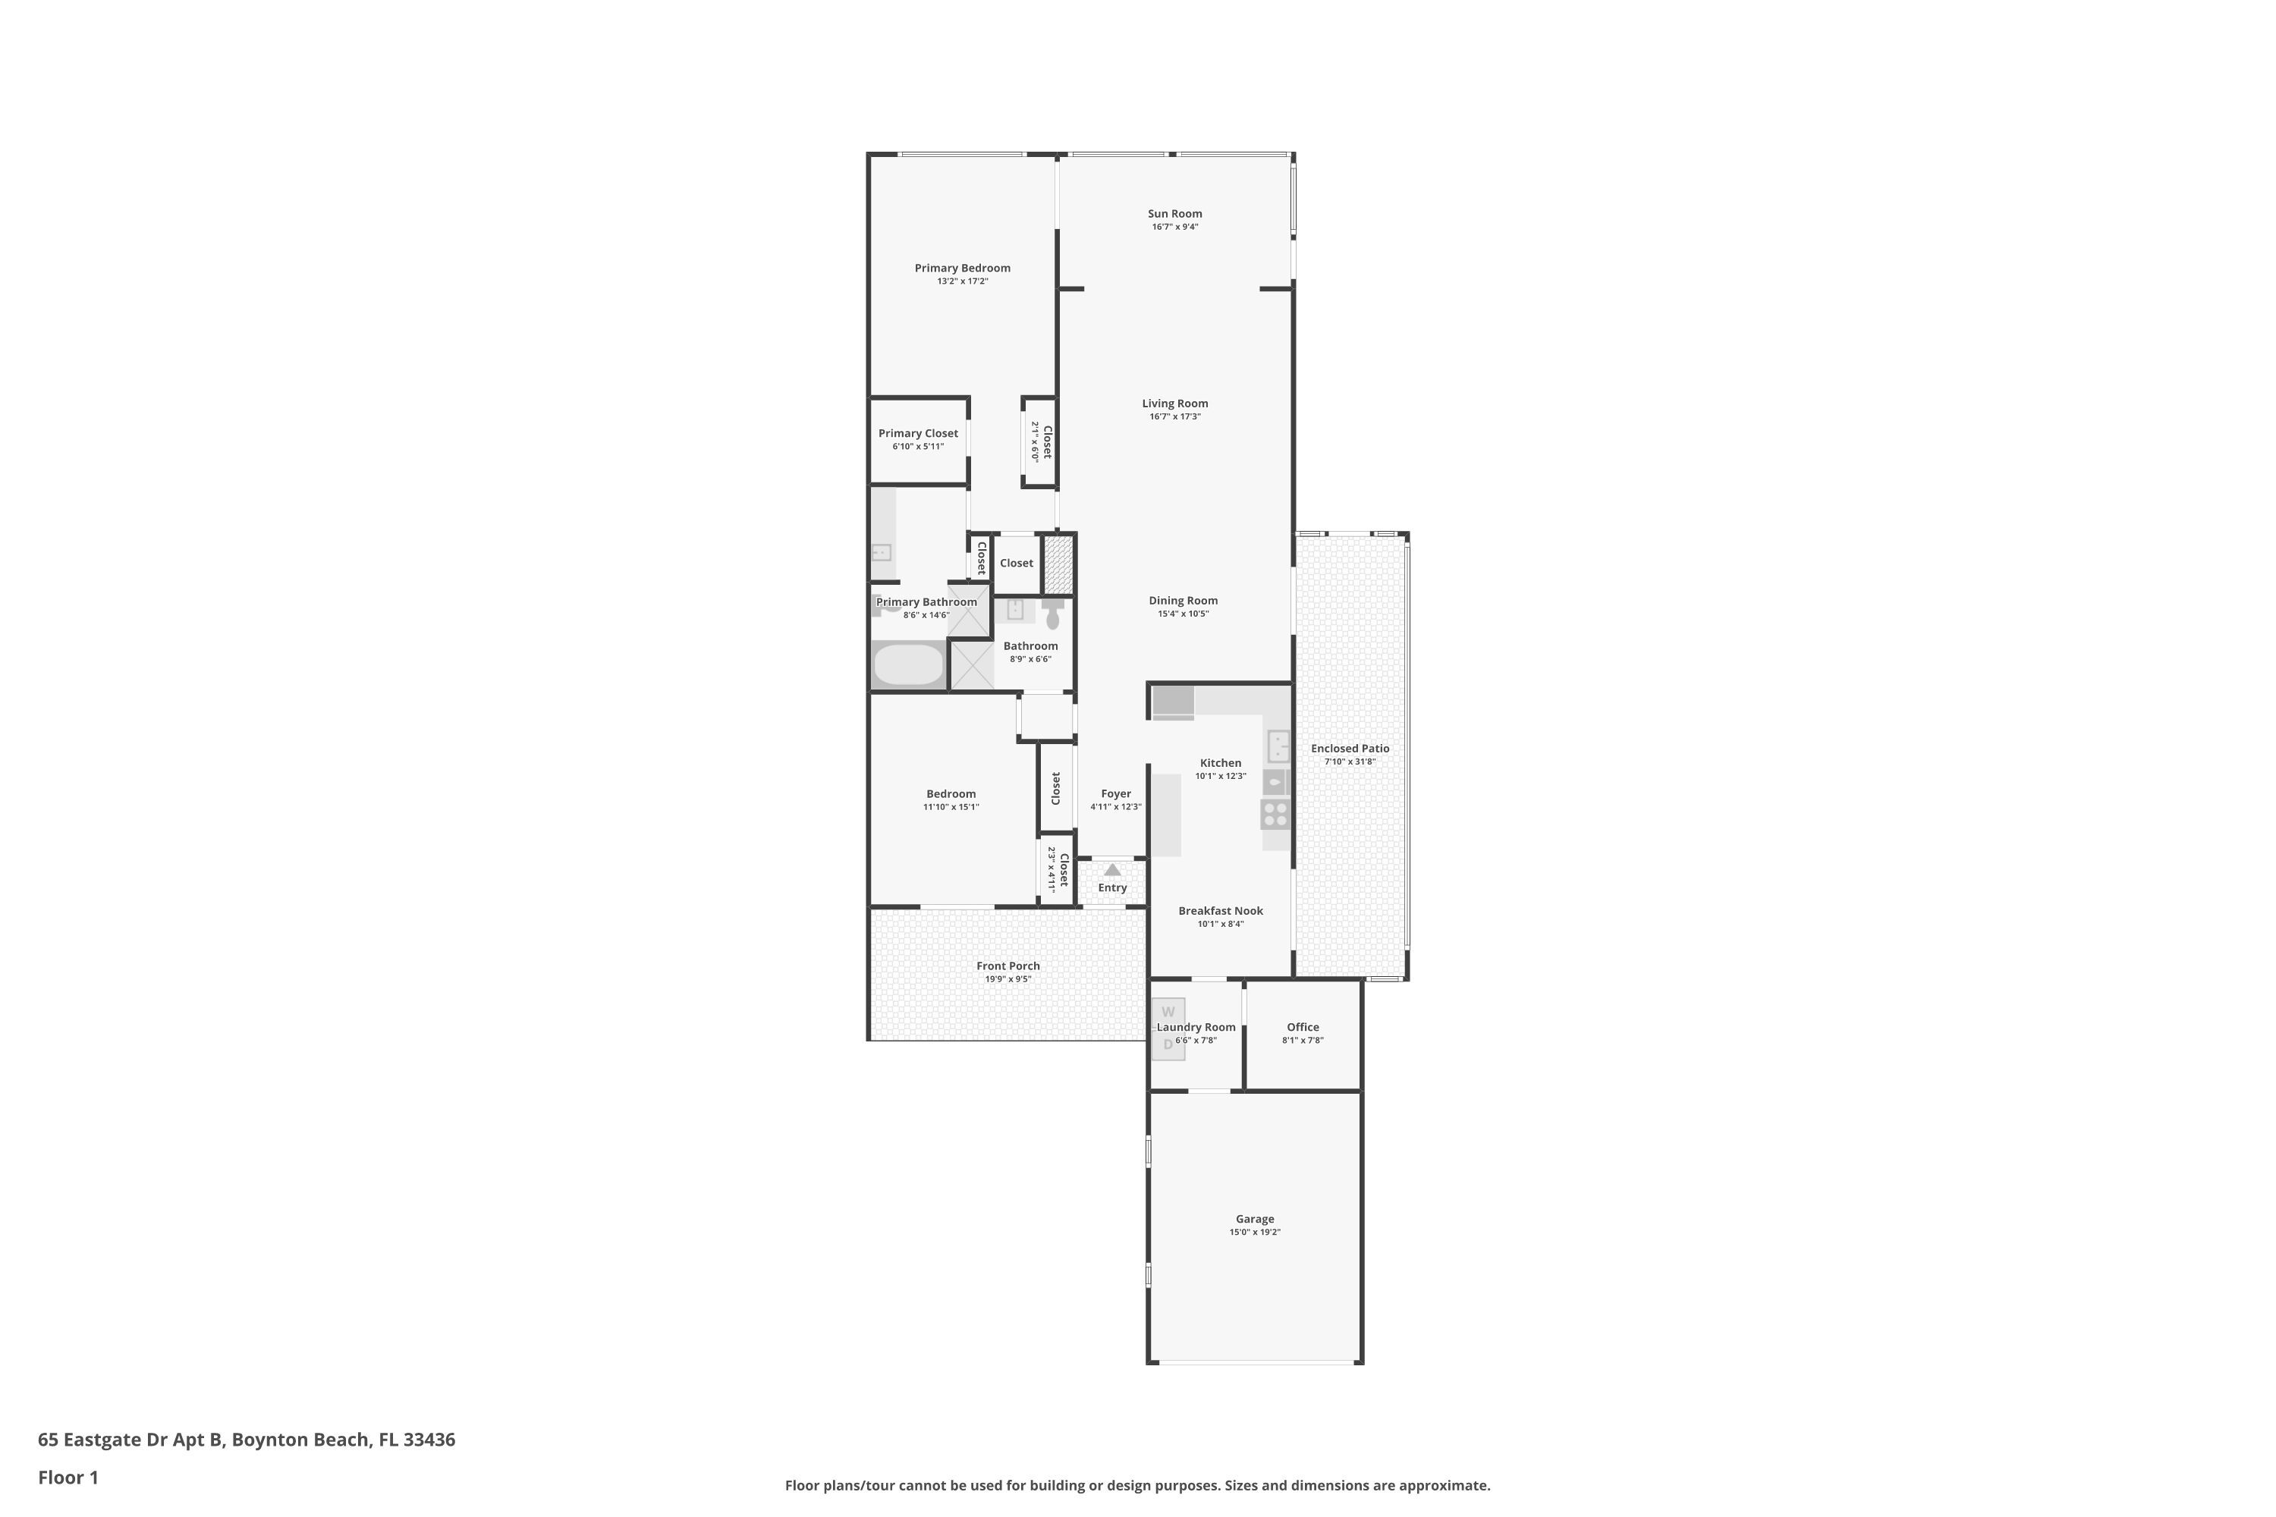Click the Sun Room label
click(x=1174, y=214)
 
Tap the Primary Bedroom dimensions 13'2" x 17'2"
click(x=962, y=281)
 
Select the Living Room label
click(x=1174, y=404)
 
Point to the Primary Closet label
click(x=918, y=433)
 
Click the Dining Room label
click(x=1183, y=601)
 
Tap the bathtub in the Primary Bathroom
click(x=907, y=664)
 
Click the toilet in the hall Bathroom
click(x=1053, y=614)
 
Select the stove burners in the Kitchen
click(x=1275, y=815)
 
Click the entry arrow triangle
click(x=1113, y=870)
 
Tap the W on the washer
click(x=1168, y=1012)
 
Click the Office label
click(x=1303, y=1028)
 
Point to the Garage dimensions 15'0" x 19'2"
click(x=1255, y=1233)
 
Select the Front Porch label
click(x=1008, y=966)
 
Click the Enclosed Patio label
click(x=1350, y=748)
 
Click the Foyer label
click(x=1116, y=794)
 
